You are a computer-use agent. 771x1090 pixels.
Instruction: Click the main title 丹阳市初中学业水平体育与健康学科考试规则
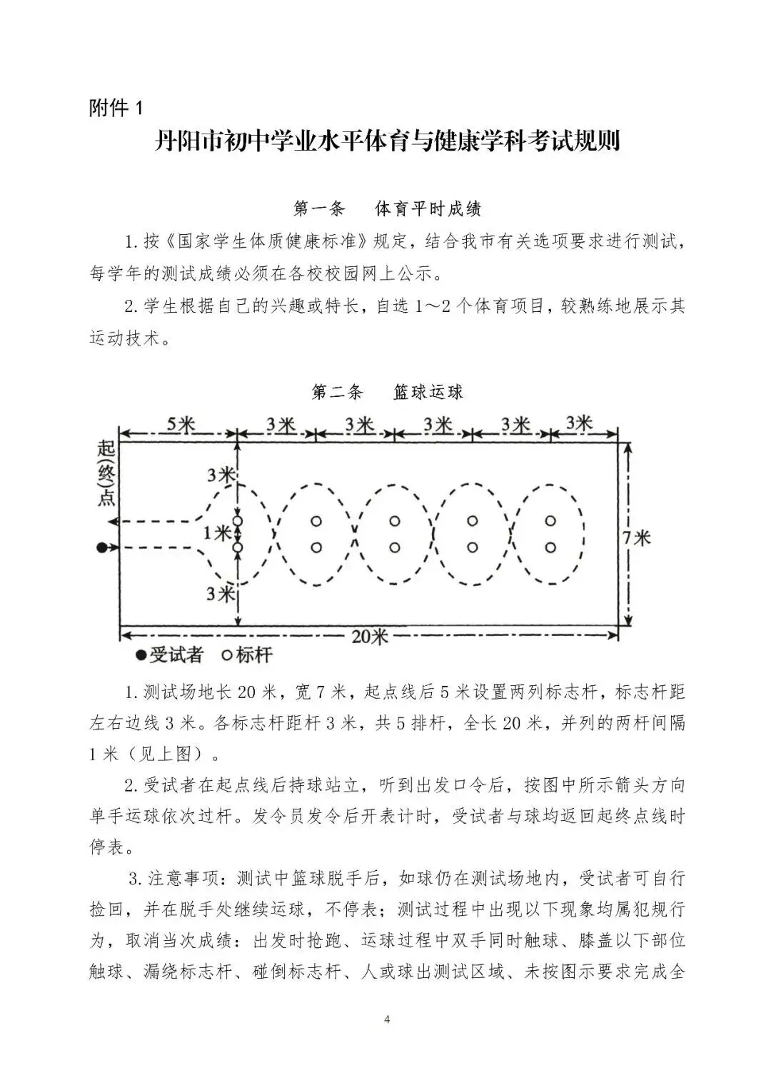click(x=386, y=141)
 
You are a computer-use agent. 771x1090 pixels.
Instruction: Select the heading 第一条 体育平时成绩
click(x=387, y=208)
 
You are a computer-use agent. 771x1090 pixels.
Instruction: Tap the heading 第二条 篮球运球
click(x=387, y=392)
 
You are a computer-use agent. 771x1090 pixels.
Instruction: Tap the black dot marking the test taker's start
click(x=102, y=547)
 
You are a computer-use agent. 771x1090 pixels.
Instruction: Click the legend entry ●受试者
click(x=170, y=655)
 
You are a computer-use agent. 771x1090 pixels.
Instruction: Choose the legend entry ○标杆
click(x=247, y=655)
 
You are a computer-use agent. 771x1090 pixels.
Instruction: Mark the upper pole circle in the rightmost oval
click(x=550, y=521)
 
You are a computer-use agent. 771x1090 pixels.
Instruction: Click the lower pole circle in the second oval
click(x=316, y=547)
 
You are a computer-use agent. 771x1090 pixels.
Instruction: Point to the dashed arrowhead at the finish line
click(x=124, y=521)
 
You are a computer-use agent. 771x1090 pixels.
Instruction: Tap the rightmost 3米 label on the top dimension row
click(x=579, y=423)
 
